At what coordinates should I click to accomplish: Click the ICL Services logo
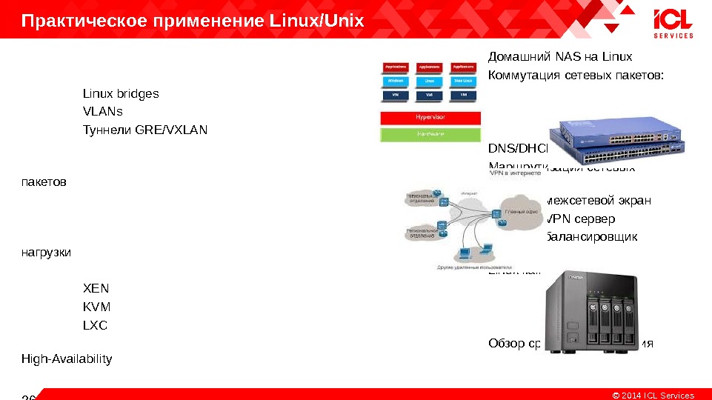pos(673,23)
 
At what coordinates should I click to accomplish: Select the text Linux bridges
pos(120,94)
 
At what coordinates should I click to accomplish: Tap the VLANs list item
pos(102,112)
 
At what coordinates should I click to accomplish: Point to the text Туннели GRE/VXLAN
pos(144,130)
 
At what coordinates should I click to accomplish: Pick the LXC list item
pos(95,325)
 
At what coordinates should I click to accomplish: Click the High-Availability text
pos(67,359)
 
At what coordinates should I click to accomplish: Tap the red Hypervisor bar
pos(430,118)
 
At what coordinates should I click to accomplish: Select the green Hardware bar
pos(430,134)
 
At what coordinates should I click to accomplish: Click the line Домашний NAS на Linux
pos(559,57)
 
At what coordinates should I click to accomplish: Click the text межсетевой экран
pos(599,201)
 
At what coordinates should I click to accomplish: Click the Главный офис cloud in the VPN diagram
pos(520,213)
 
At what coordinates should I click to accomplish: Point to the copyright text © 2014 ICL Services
pos(652,395)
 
